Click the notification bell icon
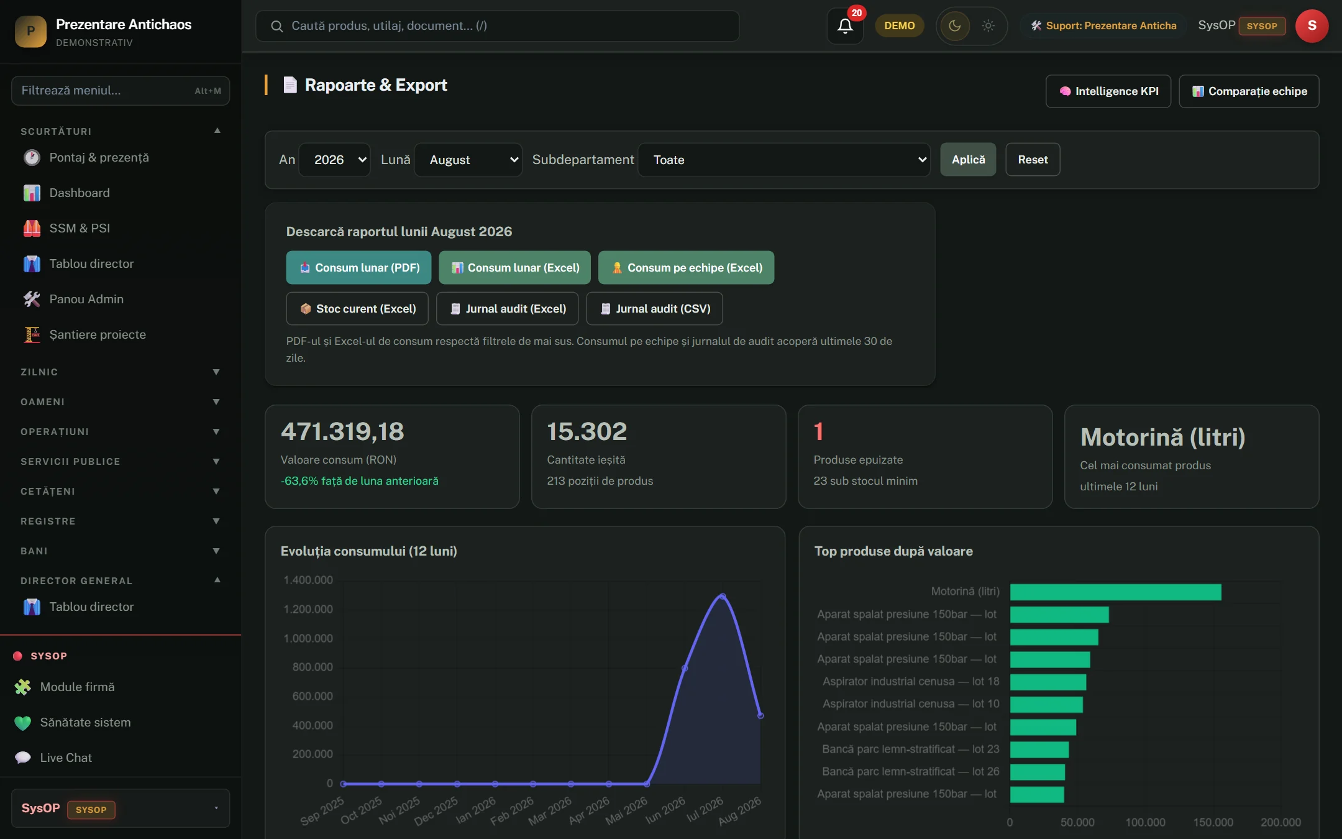coord(845,25)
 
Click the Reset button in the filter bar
coord(1033,160)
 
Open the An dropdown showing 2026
coord(335,160)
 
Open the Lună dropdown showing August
coord(468,160)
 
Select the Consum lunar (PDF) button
coord(358,268)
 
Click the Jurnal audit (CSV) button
coord(655,309)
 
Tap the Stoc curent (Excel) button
coord(357,309)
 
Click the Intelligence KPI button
coord(1108,91)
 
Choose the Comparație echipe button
coord(1249,91)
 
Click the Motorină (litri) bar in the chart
coord(1116,592)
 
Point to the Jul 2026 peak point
coord(723,596)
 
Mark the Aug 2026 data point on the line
coord(760,715)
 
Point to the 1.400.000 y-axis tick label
coord(308,580)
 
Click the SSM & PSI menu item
coord(80,228)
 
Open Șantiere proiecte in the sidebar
coord(98,334)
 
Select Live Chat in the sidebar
coord(66,758)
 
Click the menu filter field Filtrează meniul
coord(121,91)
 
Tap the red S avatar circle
coord(1312,25)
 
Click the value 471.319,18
coord(342,431)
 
